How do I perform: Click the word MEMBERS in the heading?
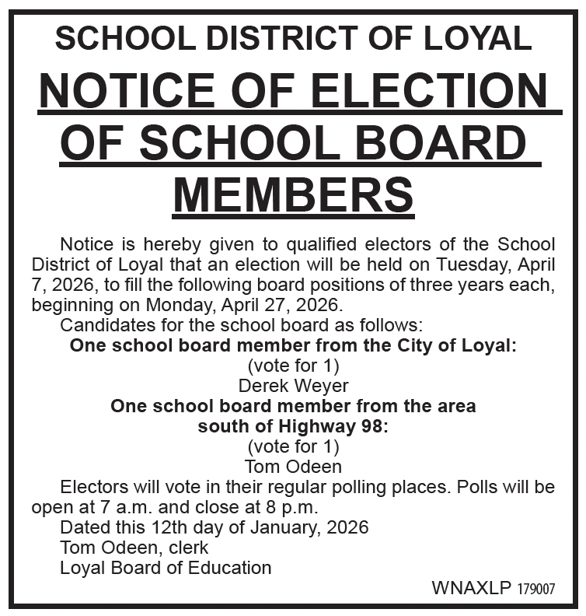click(293, 194)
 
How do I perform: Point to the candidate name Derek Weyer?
click(293, 385)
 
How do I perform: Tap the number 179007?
click(536, 589)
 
